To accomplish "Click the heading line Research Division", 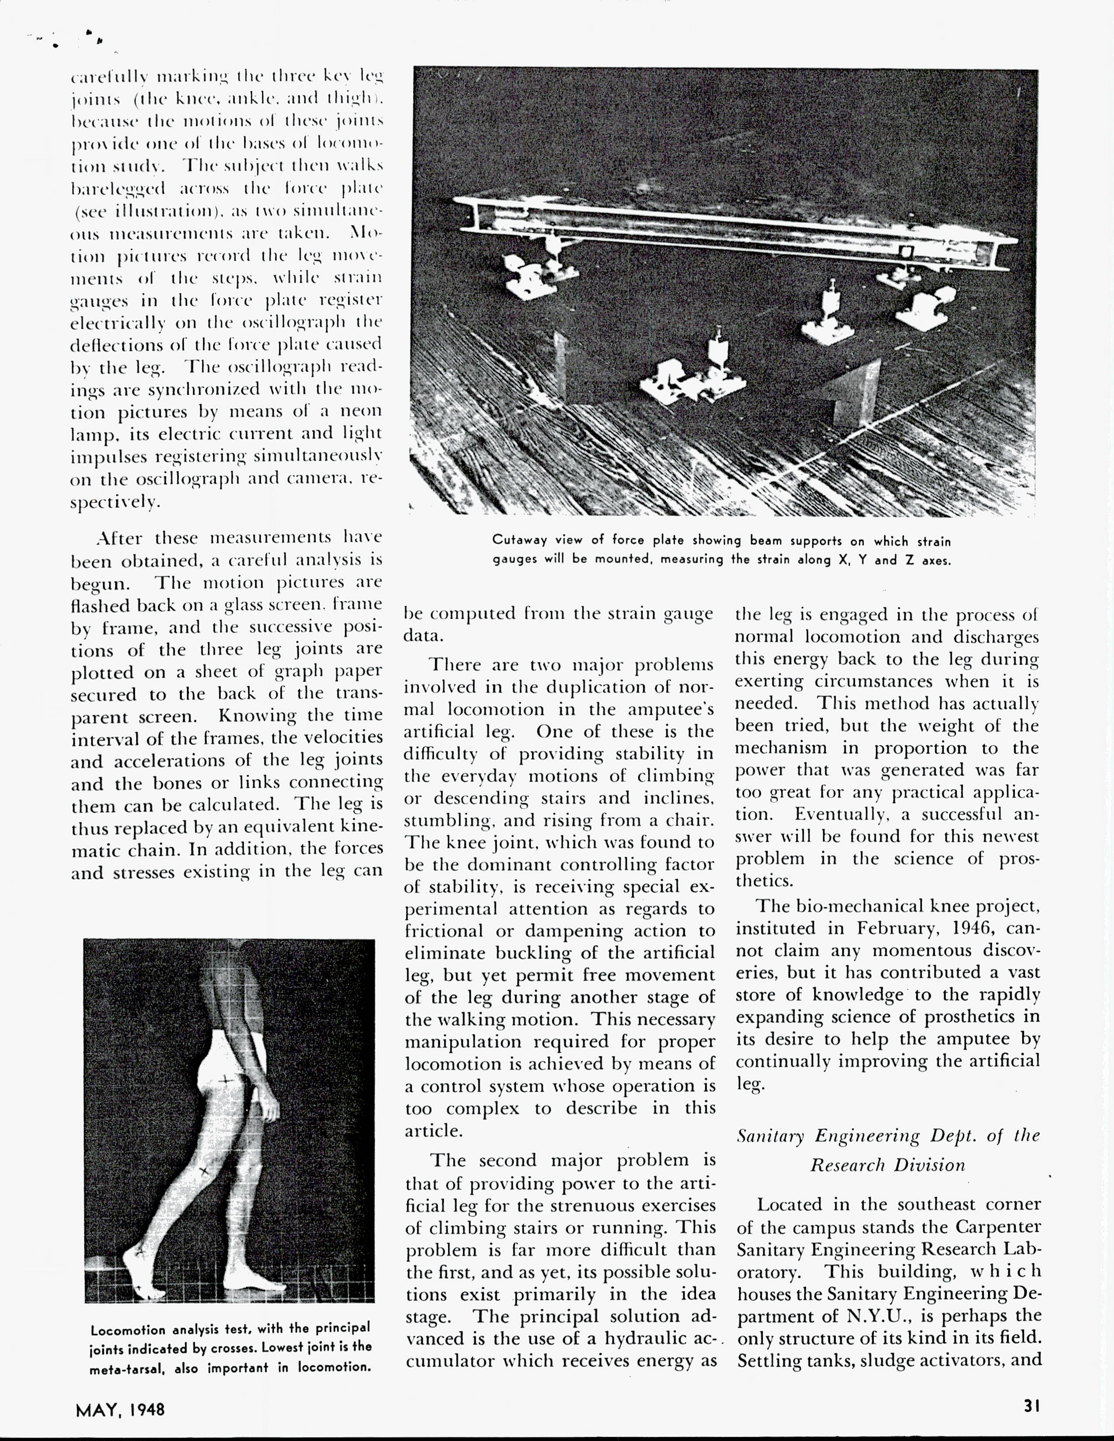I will coord(888,1165).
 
